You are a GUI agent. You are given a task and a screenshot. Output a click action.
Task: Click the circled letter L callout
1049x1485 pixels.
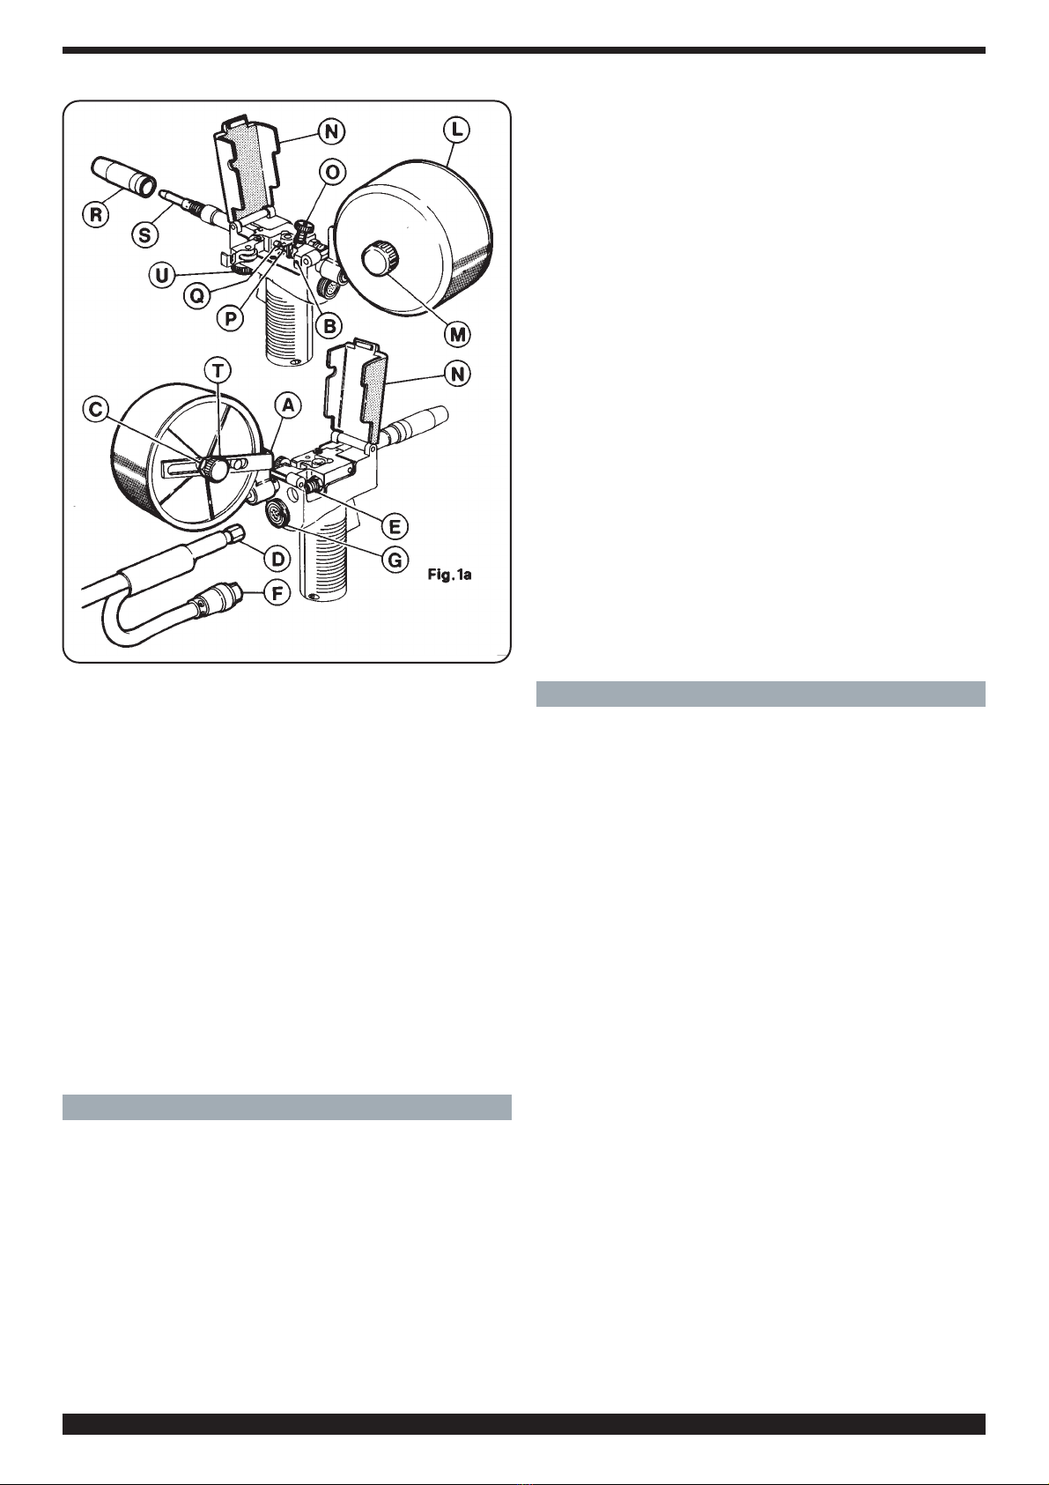coord(456,130)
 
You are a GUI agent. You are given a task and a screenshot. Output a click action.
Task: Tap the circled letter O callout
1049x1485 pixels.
coord(332,173)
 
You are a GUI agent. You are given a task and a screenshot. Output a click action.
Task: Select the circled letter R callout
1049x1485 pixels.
coord(96,216)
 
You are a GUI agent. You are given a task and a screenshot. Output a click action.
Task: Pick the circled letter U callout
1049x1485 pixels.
coord(162,275)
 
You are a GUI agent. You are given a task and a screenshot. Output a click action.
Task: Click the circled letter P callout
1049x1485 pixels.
coord(230,318)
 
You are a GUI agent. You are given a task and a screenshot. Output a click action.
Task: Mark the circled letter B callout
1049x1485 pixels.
coord(329,325)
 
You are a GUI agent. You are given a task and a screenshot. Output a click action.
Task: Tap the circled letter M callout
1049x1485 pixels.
coord(457,334)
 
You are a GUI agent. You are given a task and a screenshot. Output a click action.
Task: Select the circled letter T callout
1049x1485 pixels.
coord(218,369)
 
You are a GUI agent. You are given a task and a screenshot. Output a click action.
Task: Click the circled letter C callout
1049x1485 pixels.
coord(96,410)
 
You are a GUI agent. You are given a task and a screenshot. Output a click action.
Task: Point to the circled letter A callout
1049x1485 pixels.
coord(288,405)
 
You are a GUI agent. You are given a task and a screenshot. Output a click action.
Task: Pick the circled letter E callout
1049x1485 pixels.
coord(395,527)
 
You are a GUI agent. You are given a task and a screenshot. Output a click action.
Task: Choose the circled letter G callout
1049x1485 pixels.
coord(395,561)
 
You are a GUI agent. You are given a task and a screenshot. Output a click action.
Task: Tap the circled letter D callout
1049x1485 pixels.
coord(277,559)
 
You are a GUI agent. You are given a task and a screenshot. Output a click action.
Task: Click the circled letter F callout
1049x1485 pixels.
coord(277,593)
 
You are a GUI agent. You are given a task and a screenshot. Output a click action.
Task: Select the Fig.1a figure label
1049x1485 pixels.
coord(449,575)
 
